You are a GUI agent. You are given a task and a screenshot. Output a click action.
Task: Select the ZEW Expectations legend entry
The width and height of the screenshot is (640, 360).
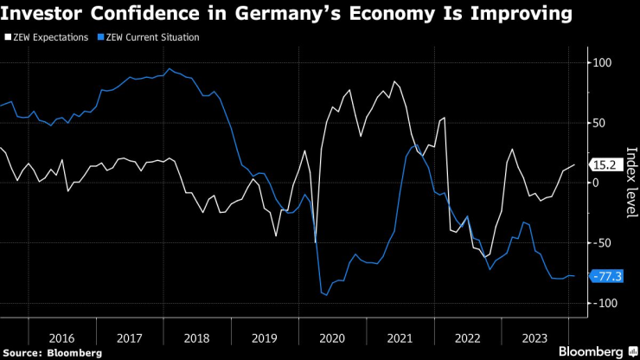(48, 39)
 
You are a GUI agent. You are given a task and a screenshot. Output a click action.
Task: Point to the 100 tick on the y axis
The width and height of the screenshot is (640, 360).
(602, 63)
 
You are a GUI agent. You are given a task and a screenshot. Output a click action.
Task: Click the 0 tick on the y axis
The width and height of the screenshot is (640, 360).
(596, 183)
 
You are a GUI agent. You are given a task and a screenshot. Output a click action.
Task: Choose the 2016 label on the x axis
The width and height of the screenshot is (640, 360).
(61, 337)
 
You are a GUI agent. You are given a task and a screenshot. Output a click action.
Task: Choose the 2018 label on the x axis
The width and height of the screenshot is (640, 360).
(196, 337)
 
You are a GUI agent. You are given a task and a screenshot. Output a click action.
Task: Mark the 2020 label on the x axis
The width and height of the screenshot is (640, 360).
(331, 337)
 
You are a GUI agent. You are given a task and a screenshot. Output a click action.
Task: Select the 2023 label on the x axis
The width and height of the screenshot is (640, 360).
(534, 337)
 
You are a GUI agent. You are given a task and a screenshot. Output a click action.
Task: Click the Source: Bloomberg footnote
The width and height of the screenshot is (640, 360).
(53, 353)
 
